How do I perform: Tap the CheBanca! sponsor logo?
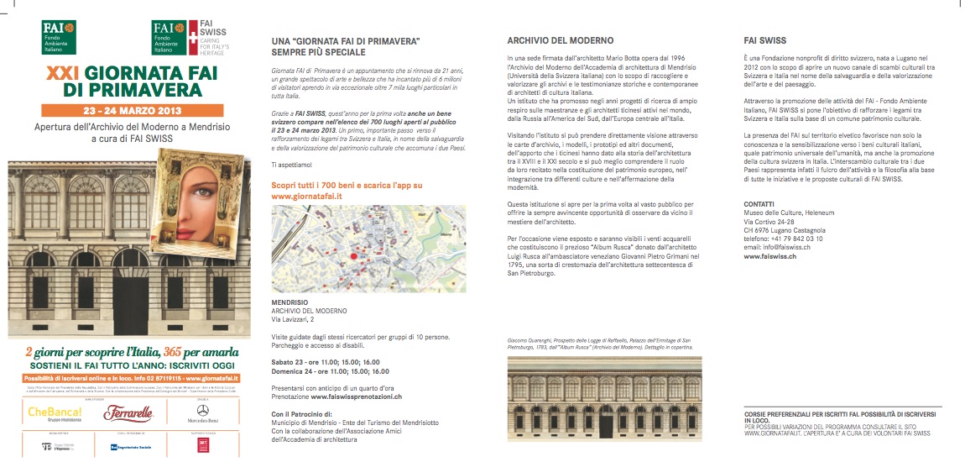pos(50,413)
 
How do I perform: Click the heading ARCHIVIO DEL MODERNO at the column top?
pos(561,40)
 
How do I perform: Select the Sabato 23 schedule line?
pos(331,360)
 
